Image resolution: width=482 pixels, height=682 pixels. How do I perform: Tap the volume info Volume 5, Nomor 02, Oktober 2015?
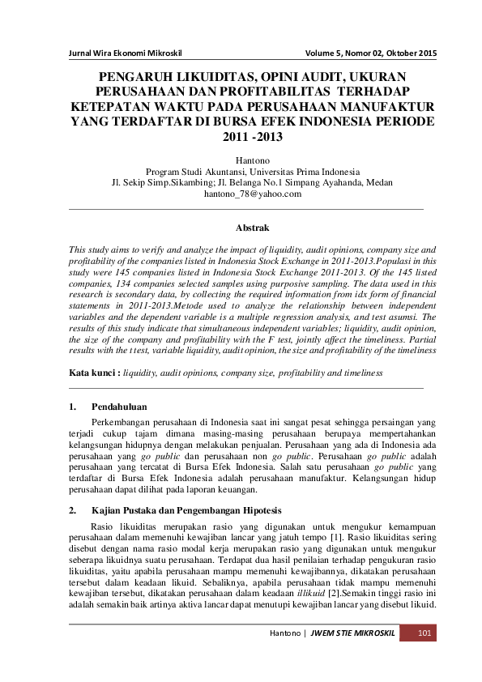tap(371, 54)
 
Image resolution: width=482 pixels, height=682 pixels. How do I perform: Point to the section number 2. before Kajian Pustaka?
tap(73, 510)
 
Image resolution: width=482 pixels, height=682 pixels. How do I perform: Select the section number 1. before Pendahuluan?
tap(73, 405)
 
